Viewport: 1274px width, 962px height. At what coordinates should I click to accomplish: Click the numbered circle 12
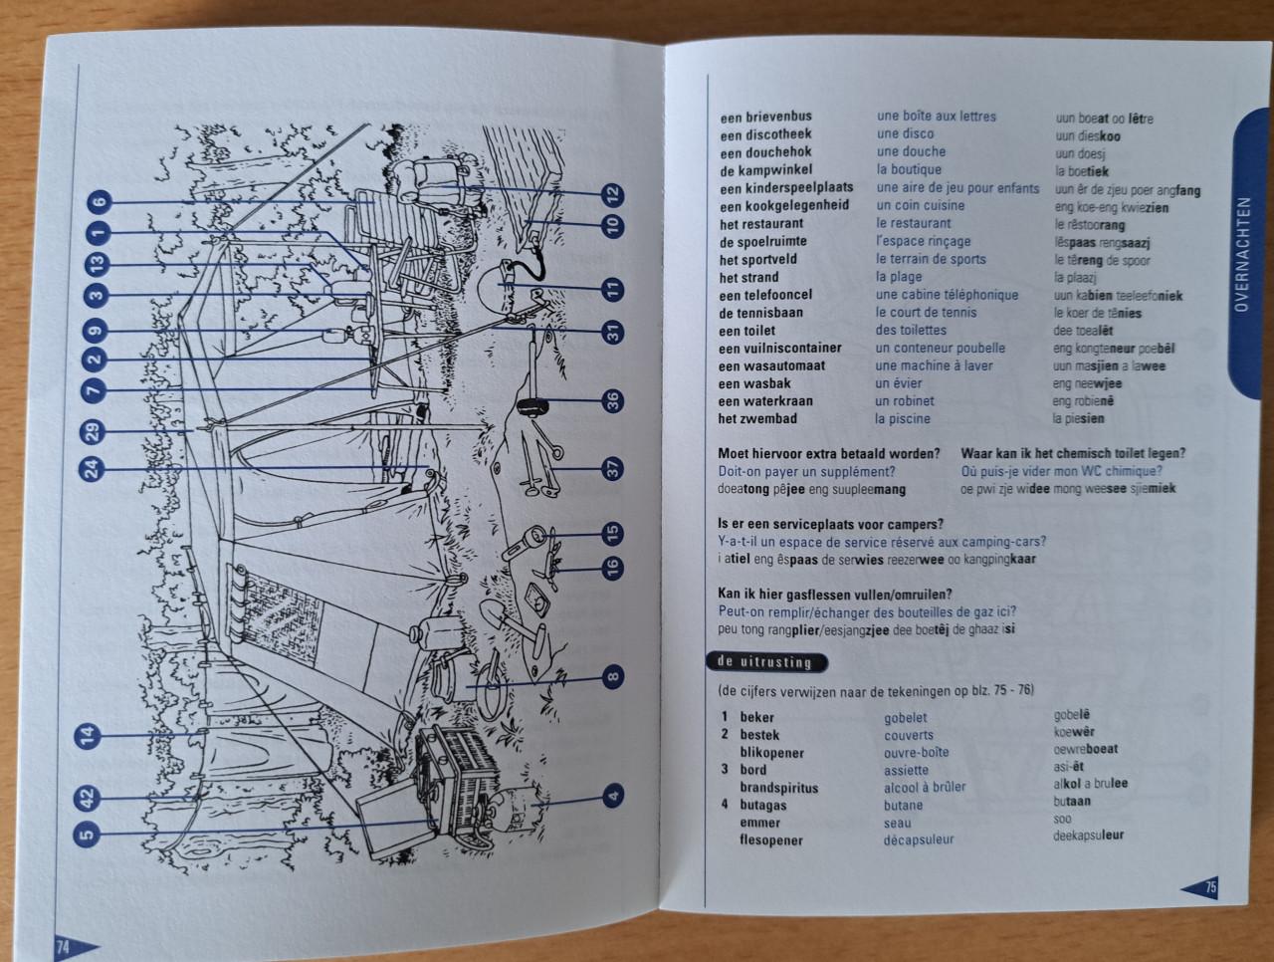[x=613, y=195]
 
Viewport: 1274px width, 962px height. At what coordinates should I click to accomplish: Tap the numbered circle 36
[x=613, y=401]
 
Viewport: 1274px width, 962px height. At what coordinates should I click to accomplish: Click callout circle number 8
[x=613, y=677]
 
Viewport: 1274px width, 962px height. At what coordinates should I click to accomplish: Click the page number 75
[x=1210, y=887]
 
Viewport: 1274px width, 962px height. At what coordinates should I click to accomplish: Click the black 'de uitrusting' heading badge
[x=765, y=662]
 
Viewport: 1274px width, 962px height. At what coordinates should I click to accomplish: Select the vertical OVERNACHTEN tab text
[x=1241, y=254]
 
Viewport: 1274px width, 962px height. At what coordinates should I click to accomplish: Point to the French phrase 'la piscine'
[x=903, y=418]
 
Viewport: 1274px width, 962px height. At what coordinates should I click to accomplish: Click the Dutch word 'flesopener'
[x=770, y=841]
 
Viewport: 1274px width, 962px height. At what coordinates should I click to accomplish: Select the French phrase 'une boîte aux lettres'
[x=937, y=117]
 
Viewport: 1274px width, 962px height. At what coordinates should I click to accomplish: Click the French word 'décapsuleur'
[x=919, y=840]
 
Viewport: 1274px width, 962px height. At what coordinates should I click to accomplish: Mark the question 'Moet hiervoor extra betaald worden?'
[x=829, y=453]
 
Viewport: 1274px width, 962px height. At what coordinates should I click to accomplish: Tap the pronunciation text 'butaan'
[x=1072, y=802]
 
